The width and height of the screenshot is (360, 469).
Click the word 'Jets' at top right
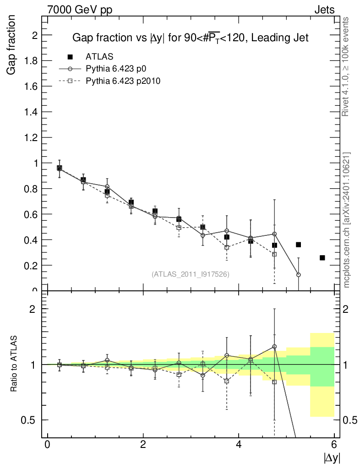(x=324, y=10)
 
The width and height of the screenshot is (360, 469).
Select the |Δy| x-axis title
(x=332, y=458)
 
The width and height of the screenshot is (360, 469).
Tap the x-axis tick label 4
(x=239, y=444)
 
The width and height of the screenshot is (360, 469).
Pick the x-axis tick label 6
(x=334, y=444)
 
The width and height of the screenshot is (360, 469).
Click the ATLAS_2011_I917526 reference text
(x=191, y=274)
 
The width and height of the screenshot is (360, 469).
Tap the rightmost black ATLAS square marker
(x=322, y=258)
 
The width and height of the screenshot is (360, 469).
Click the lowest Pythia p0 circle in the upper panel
(x=299, y=275)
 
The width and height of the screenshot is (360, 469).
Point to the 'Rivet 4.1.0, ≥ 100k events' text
(x=346, y=66)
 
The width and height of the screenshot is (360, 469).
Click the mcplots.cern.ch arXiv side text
(x=346, y=220)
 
